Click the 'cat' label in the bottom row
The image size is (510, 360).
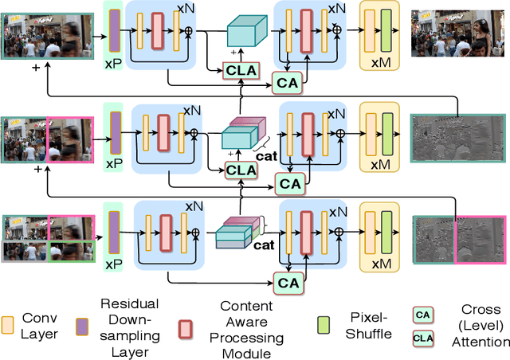[x=264, y=245]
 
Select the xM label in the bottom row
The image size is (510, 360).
[x=381, y=261]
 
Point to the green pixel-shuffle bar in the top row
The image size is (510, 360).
[x=388, y=29]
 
